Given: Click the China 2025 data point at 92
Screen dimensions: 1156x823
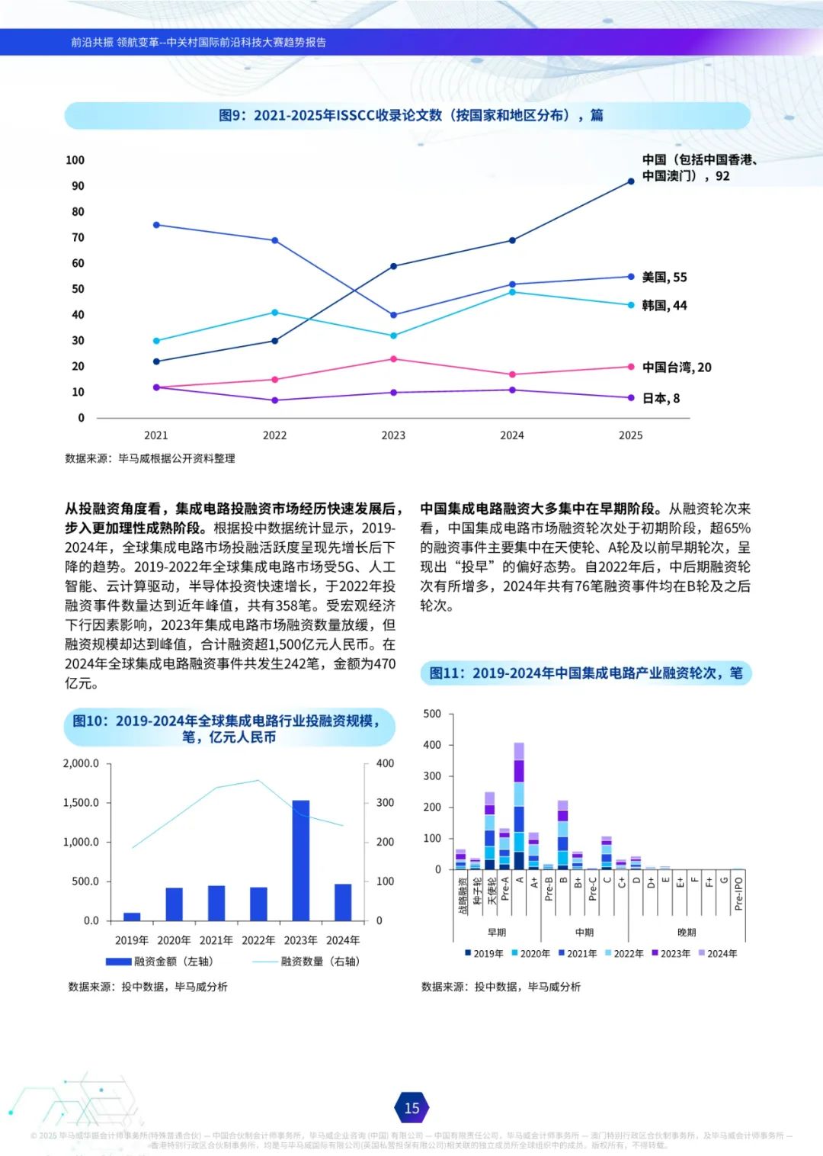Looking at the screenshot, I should pyautogui.click(x=631, y=181).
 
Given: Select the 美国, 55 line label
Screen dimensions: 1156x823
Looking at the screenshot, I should pyautogui.click(x=664, y=277).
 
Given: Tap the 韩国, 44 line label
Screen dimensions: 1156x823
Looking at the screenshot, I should pyautogui.click(x=664, y=305).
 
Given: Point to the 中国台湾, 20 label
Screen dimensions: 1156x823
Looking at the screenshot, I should pyautogui.click(x=676, y=367).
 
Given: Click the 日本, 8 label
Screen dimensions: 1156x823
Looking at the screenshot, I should pyautogui.click(x=661, y=398).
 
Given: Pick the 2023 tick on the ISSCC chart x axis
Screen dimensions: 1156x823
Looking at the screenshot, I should pyautogui.click(x=393, y=435).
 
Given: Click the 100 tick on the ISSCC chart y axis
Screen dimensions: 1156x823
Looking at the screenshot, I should pyautogui.click(x=75, y=160).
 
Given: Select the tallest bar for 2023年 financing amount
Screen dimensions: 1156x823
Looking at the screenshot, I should pyautogui.click(x=300, y=860).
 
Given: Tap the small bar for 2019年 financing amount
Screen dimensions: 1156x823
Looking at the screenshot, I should pyautogui.click(x=132, y=917).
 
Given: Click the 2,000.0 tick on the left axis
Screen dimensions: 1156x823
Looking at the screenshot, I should pyautogui.click(x=81, y=763).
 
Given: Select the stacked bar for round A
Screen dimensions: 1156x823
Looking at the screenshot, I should pyautogui.click(x=519, y=806).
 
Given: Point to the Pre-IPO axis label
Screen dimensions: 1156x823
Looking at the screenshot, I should pyautogui.click(x=738, y=893).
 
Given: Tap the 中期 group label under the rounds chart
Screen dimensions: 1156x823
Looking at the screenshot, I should pyautogui.click(x=584, y=932).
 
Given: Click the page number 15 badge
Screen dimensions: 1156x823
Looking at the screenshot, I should pyautogui.click(x=411, y=1108).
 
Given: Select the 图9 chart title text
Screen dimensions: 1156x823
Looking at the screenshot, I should pyautogui.click(x=411, y=115).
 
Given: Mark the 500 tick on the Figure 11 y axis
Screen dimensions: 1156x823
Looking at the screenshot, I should pyautogui.click(x=432, y=714).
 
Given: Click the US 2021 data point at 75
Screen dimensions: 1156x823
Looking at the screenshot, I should pyautogui.click(x=156, y=225).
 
